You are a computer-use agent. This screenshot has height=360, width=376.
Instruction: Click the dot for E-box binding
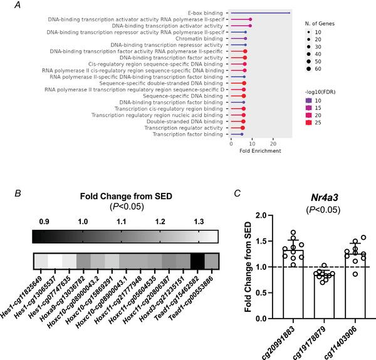[289, 13]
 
